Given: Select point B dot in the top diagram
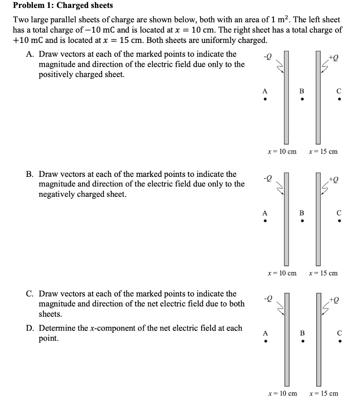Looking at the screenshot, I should pos(302,99).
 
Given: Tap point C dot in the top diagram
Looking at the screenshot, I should pos(339,99).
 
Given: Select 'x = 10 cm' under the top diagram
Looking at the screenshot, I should pos(282,151).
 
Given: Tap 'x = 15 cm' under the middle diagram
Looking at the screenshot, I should pos(323,273).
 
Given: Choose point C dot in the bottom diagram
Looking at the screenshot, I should pos(339,341).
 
